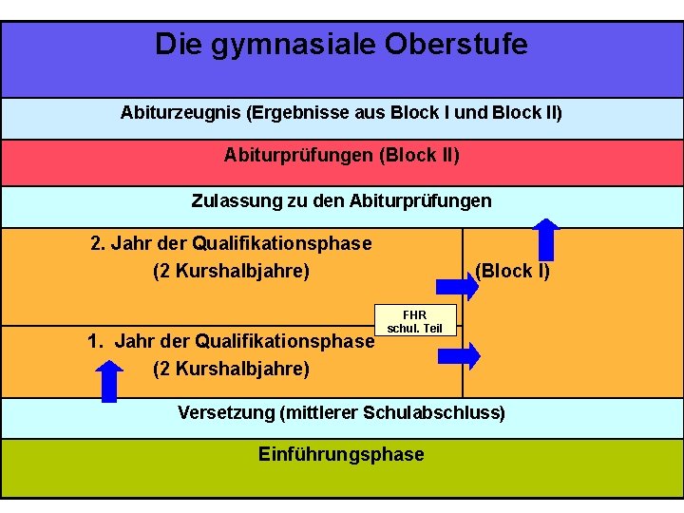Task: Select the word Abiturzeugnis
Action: [180, 113]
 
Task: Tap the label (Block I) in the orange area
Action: [512, 271]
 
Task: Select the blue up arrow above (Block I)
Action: [545, 238]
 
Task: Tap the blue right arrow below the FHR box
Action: [459, 355]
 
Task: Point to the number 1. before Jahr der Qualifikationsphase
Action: [94, 341]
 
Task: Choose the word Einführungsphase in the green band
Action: [341, 454]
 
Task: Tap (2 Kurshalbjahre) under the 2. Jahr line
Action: [231, 271]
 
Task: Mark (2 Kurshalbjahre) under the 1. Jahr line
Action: [231, 368]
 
